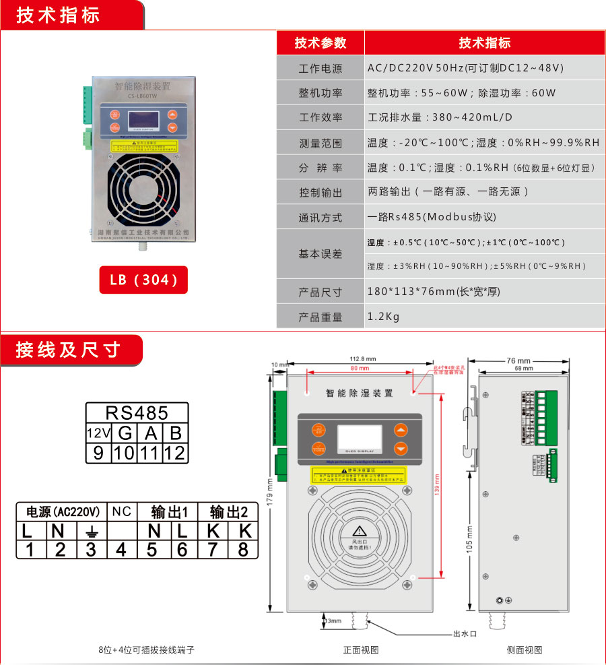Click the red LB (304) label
tap(144, 280)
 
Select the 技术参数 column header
tap(321, 43)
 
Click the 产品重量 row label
tap(321, 317)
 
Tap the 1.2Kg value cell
tap(383, 316)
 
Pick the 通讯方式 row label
tap(321, 218)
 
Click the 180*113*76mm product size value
tap(434, 292)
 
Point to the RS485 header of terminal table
tap(137, 412)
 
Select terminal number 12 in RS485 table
tap(174, 452)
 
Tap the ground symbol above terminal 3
tap(90, 531)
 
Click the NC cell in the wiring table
tap(121, 512)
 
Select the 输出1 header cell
tap(168, 512)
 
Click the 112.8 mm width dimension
tap(362, 358)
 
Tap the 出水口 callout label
tap(465, 634)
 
